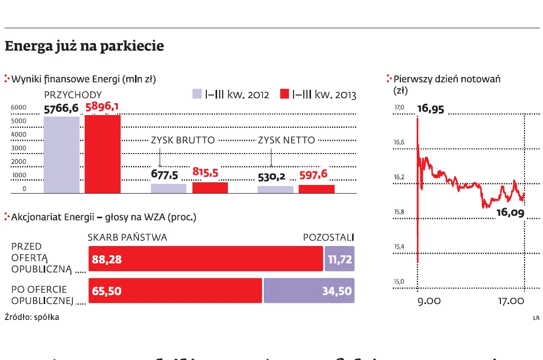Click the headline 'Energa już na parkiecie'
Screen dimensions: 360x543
84,46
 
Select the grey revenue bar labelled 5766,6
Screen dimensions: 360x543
61,155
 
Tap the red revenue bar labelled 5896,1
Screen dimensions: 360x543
103,154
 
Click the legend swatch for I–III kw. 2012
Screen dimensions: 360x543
197,94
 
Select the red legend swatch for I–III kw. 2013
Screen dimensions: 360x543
285,94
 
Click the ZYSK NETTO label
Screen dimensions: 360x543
286,140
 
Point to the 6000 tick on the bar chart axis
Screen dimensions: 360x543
18,107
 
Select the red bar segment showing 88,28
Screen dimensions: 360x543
205,259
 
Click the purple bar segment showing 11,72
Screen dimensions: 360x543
339,259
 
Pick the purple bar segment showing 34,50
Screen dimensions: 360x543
309,291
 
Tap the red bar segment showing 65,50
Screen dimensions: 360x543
175,291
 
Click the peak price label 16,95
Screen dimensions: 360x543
431,109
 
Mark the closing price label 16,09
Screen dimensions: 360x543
510,213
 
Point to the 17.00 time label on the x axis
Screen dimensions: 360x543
510,301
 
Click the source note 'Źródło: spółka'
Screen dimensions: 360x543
32,317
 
